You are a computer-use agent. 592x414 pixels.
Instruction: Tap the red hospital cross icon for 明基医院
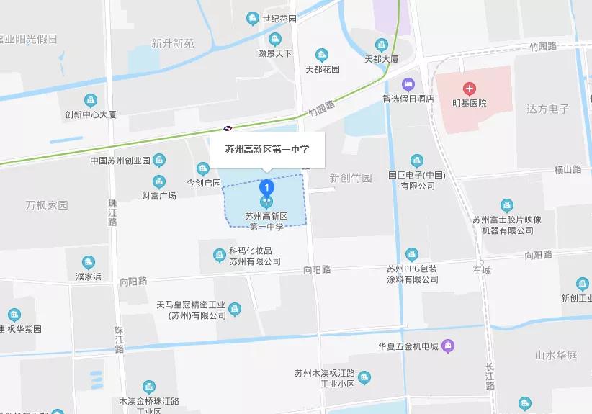pos(469,89)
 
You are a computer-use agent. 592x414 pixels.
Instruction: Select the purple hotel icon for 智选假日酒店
pos(408,86)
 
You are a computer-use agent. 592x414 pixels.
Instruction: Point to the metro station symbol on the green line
pos(228,130)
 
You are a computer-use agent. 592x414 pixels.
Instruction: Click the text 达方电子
pos(547,109)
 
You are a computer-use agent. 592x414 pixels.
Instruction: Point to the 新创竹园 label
pos(351,178)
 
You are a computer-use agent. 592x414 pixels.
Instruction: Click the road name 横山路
pos(568,168)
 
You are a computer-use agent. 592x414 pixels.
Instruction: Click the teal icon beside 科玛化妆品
pos(219,255)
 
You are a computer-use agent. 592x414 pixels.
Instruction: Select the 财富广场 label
pos(158,196)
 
